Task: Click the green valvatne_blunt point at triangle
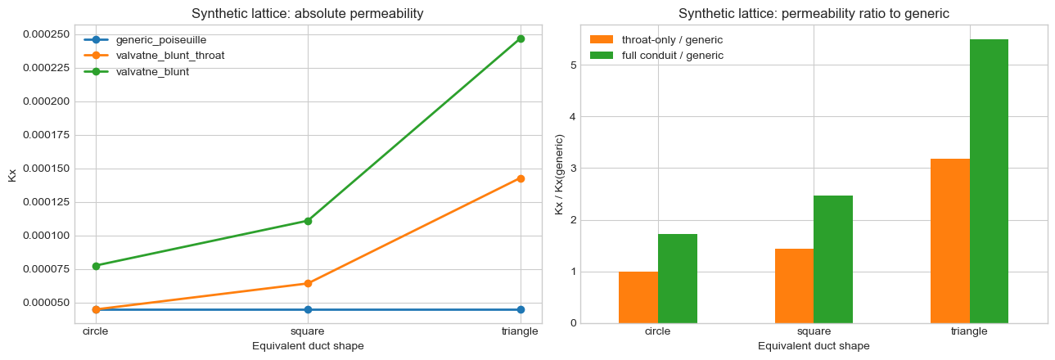click(521, 38)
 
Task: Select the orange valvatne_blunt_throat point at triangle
click(521, 178)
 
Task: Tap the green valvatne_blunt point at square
click(308, 221)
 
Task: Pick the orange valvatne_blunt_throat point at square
click(308, 283)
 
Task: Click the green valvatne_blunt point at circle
click(96, 266)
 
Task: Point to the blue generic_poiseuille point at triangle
click(521, 309)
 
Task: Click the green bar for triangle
click(989, 181)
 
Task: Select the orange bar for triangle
click(950, 241)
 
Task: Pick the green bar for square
click(833, 259)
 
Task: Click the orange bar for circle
click(638, 297)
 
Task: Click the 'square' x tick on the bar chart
click(814, 331)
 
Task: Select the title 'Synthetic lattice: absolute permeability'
click(308, 14)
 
